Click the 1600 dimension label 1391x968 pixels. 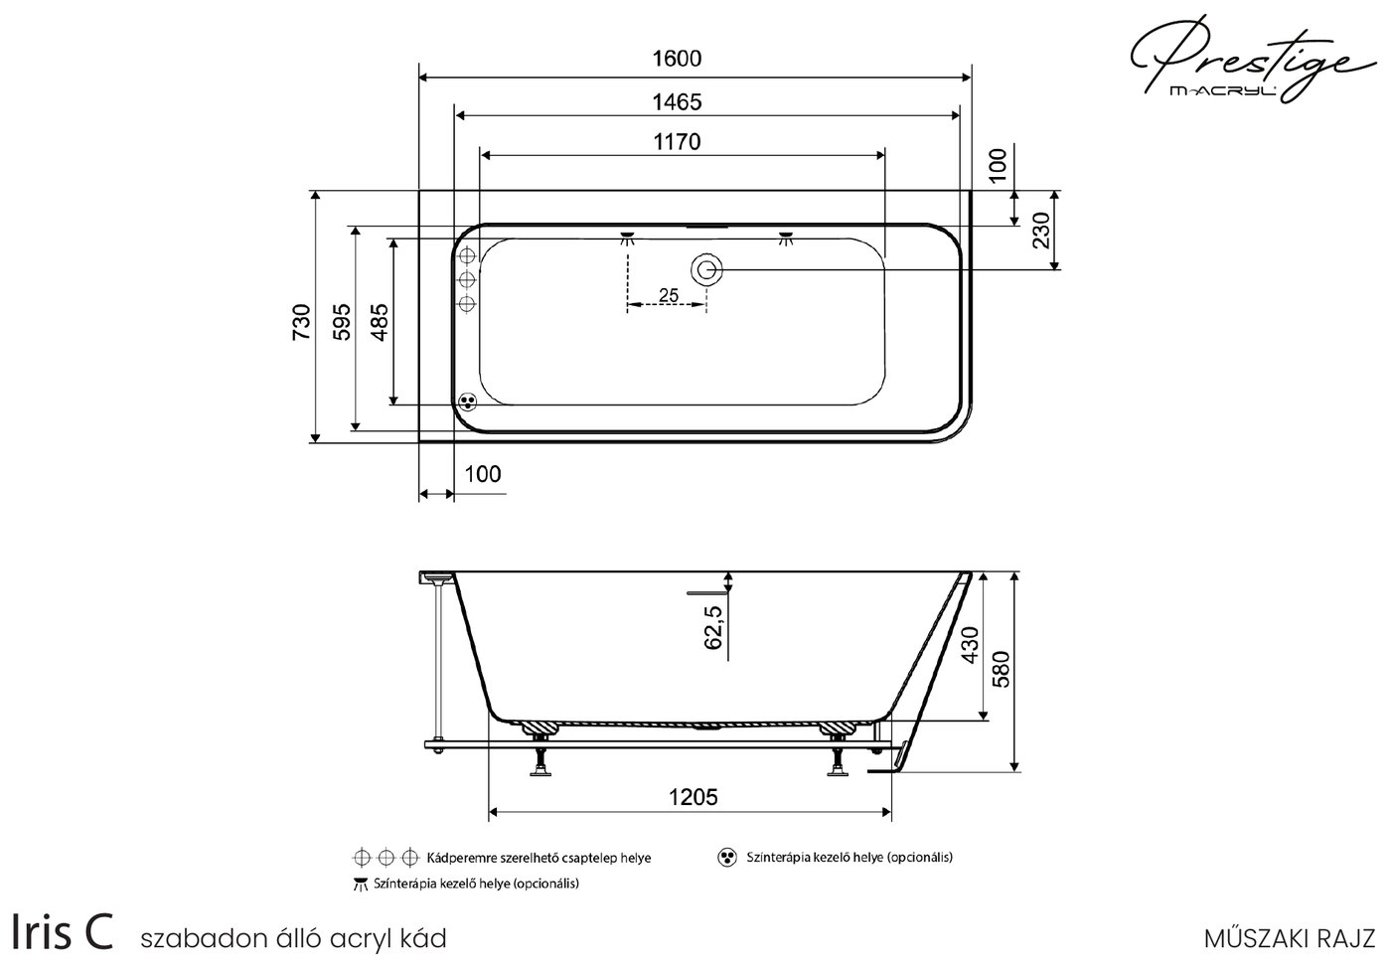[677, 59]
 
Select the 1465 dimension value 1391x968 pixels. [677, 102]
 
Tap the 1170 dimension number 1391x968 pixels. [677, 142]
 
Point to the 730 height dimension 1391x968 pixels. [302, 321]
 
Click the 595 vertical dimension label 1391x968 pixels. [342, 322]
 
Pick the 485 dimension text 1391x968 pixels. [380, 322]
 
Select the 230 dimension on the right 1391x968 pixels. [1041, 231]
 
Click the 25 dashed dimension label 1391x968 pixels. [668, 295]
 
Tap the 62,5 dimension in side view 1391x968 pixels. [713, 627]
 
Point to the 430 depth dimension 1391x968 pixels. [970, 645]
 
